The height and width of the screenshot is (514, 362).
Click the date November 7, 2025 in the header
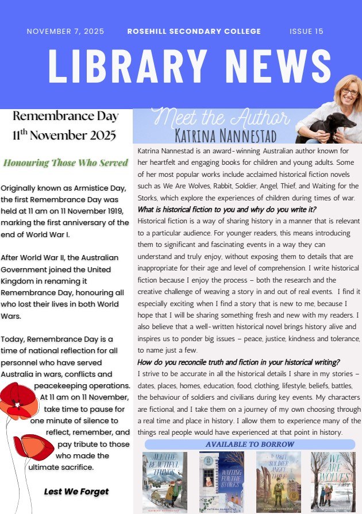[65, 32]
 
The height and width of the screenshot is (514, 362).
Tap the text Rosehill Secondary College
[194, 32]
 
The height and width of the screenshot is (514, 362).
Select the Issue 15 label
[306, 32]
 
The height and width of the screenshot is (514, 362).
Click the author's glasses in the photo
[350, 91]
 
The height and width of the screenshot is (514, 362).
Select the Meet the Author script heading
[222, 118]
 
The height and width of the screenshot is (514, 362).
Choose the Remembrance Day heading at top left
[65, 116]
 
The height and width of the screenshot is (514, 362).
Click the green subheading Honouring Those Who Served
[66, 163]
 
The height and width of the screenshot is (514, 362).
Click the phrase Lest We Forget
[76, 492]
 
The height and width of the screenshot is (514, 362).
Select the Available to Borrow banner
[249, 444]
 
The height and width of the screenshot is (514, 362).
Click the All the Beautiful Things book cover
[164, 481]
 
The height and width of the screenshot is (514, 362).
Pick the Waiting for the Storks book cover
[221, 481]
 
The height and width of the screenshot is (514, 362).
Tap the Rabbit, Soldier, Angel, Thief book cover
[278, 481]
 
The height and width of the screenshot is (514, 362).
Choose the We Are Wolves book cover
[333, 481]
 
